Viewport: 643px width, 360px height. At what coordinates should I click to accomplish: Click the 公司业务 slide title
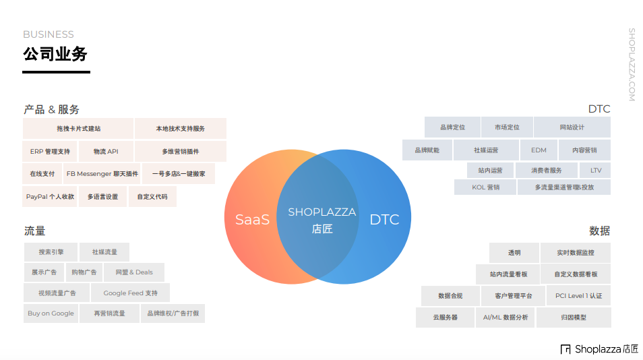point(55,54)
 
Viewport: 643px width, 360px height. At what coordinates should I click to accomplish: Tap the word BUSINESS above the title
point(49,34)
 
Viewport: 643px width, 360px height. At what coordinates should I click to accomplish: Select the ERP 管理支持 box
point(50,152)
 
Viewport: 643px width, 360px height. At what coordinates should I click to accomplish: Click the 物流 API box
point(106,152)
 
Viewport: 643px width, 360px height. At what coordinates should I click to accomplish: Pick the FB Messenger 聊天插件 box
point(102,173)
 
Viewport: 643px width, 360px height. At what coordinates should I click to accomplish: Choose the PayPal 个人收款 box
point(50,197)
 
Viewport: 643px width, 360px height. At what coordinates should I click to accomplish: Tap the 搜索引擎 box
point(51,252)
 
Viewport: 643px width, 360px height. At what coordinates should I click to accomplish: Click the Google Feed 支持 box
point(131,293)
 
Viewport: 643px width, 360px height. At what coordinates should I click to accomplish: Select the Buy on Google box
point(51,313)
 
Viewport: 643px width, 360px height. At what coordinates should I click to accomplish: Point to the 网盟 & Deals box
point(134,272)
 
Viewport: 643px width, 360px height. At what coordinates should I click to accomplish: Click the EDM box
point(539,150)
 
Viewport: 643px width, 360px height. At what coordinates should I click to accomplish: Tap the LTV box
point(596,171)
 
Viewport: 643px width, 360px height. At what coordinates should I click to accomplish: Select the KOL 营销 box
point(485,187)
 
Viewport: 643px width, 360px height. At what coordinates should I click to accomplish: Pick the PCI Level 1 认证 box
point(578,296)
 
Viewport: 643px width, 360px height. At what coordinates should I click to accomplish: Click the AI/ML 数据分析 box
point(506,318)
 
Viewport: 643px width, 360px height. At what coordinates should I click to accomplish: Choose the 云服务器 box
point(446,318)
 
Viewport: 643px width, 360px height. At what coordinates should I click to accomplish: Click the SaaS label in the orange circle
point(252,219)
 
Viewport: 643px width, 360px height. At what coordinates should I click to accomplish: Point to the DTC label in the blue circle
point(384,219)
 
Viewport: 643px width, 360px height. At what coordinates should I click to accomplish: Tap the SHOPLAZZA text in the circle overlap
point(321,212)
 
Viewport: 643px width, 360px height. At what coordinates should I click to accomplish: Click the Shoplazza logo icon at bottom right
point(565,349)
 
